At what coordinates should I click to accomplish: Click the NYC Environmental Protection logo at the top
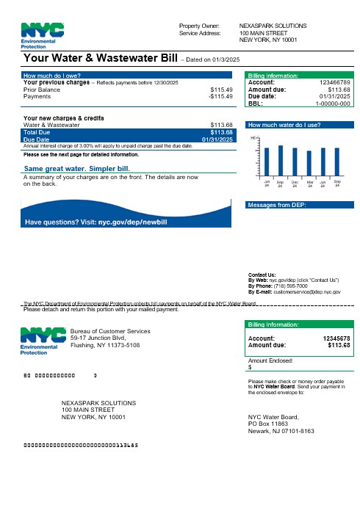tap(43, 35)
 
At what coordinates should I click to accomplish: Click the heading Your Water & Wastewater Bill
tap(102, 57)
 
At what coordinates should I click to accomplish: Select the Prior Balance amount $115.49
tap(221, 90)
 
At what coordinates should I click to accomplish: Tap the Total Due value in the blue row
tap(221, 132)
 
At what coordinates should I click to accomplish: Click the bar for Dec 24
tap(295, 160)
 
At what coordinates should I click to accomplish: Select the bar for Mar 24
tap(309, 162)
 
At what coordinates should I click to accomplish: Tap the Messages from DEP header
tap(277, 205)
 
